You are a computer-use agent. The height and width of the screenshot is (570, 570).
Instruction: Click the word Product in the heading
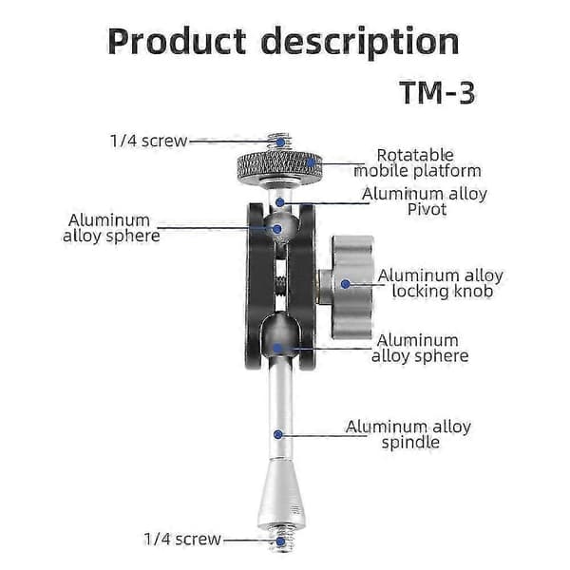(177, 41)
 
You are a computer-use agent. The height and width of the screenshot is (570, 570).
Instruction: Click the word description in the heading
(360, 43)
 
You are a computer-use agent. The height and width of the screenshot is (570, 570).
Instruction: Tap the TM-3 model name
(438, 93)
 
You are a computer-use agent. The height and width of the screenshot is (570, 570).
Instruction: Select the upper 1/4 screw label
(149, 141)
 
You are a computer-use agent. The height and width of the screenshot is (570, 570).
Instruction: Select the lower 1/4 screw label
(182, 539)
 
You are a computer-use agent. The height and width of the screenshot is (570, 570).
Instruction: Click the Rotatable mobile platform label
(417, 162)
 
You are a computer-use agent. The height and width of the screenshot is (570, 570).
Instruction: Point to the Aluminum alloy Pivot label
(425, 201)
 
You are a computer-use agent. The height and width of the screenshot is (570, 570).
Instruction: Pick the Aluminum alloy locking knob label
(441, 283)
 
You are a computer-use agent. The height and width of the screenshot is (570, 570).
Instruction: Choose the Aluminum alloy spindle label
(408, 434)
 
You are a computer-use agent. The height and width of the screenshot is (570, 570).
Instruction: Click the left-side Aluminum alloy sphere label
(111, 228)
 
